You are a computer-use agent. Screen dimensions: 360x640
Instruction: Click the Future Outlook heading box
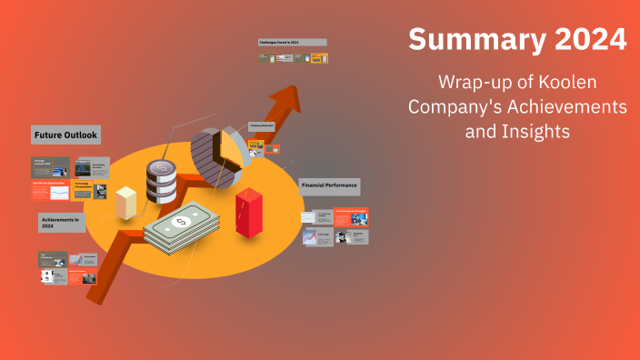(x=65, y=135)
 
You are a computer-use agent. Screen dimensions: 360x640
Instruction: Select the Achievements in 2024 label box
(x=61, y=221)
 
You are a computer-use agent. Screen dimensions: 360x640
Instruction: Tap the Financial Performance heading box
(x=329, y=185)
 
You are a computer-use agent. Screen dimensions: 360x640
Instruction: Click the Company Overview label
(x=261, y=125)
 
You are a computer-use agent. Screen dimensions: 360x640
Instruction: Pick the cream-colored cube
(x=125, y=201)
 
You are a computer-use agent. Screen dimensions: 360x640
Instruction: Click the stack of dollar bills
(x=182, y=227)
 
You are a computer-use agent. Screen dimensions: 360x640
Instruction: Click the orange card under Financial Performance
(x=350, y=216)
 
